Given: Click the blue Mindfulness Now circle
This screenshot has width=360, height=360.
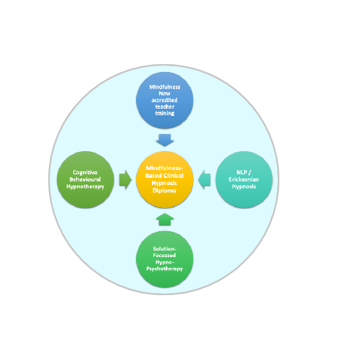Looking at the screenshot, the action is click(165, 100).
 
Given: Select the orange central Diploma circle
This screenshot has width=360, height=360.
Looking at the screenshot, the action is click(165, 179).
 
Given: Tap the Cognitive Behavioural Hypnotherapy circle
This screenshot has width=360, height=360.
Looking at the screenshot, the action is click(86, 179).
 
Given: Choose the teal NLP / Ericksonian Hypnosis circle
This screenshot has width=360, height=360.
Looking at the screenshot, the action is click(244, 179).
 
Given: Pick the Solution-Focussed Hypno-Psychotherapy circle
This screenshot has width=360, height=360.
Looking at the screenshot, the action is click(165, 259).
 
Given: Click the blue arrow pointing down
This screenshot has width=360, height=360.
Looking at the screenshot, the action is click(165, 140).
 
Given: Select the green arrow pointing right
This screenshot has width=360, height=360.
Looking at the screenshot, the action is click(125, 180).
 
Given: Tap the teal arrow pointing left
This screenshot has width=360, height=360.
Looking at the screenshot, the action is click(204, 180).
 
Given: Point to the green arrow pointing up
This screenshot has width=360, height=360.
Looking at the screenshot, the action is click(165, 220).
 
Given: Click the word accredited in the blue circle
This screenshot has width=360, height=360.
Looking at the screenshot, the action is click(165, 100).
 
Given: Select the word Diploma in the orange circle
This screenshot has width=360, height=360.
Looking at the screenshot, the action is click(164, 191).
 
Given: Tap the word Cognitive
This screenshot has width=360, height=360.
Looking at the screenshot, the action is click(85, 173).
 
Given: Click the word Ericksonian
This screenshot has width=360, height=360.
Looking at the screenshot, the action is click(244, 179).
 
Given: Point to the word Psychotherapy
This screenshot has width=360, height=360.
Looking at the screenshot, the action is click(165, 269).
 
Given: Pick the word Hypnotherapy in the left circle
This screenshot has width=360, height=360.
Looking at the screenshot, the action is click(85, 186).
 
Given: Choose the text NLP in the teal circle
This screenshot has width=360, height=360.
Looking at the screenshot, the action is click(241, 172).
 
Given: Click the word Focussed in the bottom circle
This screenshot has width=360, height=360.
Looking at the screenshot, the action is click(164, 256).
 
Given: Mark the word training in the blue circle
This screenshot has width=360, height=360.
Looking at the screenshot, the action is click(165, 113).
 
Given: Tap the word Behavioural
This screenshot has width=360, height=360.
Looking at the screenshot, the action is click(85, 179).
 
